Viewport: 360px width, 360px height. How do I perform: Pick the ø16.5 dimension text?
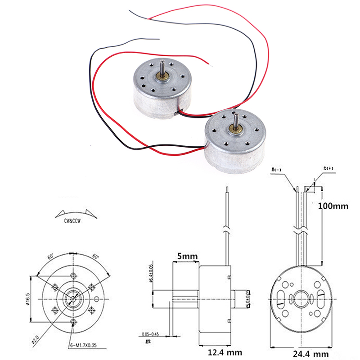(28, 297)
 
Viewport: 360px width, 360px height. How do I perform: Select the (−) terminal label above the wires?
(288, 170)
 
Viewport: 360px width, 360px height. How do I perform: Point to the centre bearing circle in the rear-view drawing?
(298, 297)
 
